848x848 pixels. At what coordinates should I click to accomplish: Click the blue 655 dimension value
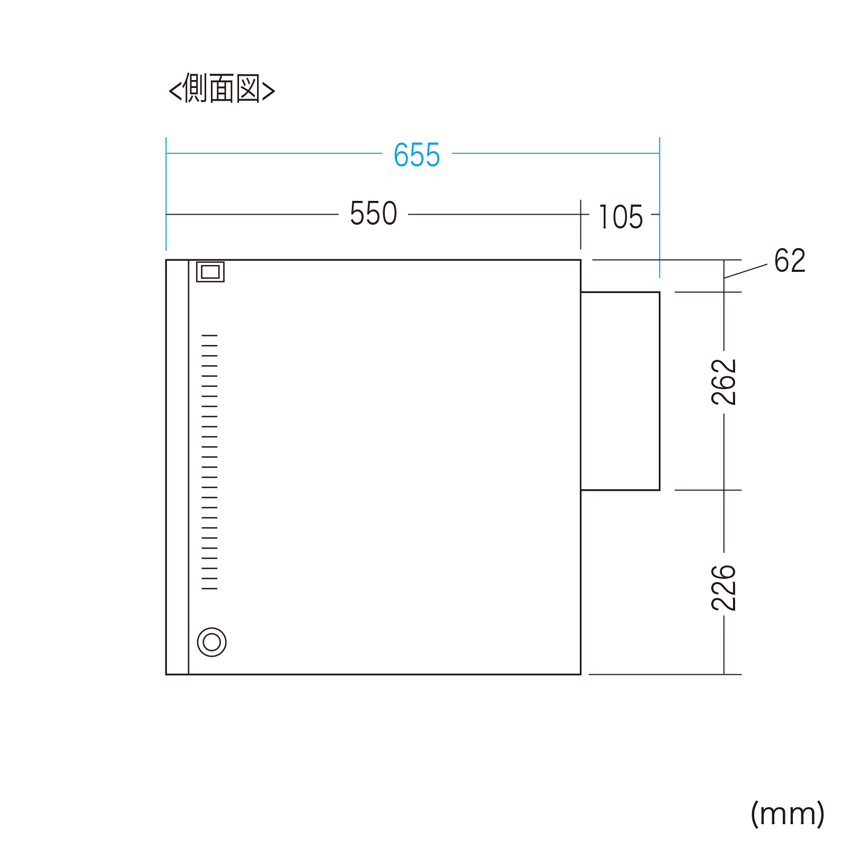[417, 155]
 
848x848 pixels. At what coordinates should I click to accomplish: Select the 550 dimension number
[373, 214]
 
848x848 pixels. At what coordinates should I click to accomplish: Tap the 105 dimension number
[621, 217]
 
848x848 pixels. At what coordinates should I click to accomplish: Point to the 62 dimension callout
[790, 260]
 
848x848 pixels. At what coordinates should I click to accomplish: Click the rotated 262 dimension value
[724, 382]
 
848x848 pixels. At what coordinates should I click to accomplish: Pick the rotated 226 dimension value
[724, 588]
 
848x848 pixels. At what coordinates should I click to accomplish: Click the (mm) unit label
[788, 814]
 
